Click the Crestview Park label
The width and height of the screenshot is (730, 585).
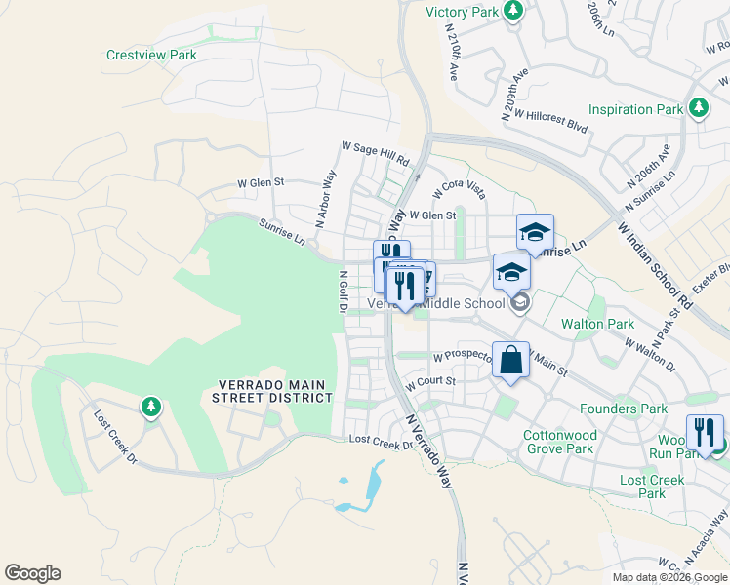[x=151, y=56]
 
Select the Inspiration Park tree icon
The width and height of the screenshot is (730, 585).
[x=699, y=108]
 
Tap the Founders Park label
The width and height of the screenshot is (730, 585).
[x=623, y=409]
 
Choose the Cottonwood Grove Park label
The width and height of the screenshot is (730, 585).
[x=559, y=442]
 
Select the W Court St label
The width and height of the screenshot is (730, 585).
[x=431, y=381]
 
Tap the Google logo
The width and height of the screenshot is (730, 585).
[x=32, y=573]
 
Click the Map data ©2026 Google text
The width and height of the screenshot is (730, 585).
[x=669, y=577]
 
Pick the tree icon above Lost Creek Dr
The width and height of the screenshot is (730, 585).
[x=150, y=405]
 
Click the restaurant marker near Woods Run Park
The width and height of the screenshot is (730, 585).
[x=704, y=432]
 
